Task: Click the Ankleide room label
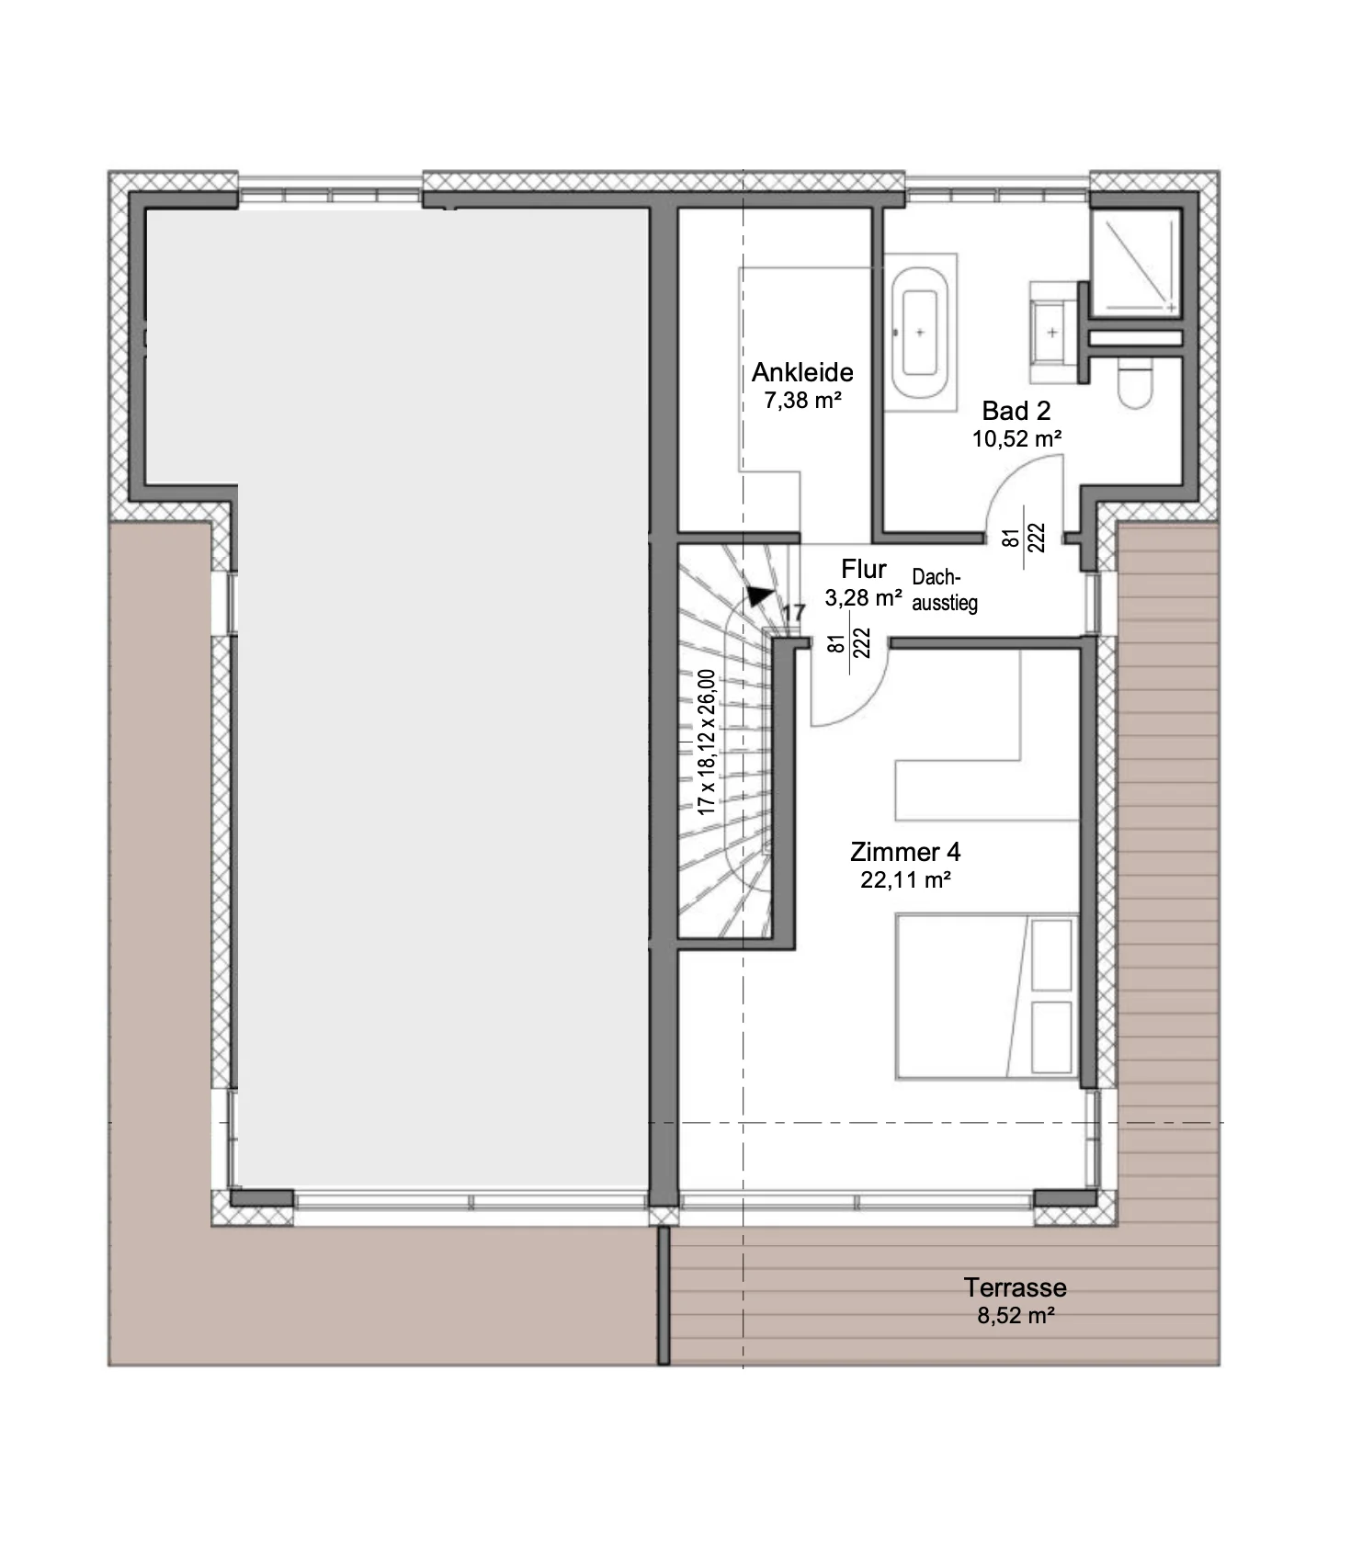[x=802, y=372]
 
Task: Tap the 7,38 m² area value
[x=802, y=400]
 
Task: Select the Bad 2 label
[x=1016, y=411]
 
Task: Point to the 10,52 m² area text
[x=1017, y=438]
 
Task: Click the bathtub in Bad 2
[x=919, y=334]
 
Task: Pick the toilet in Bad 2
[x=1136, y=383]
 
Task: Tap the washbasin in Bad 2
[x=1053, y=332]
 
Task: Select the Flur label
[x=863, y=570]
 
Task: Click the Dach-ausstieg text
[x=944, y=590]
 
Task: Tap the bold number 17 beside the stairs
[x=793, y=612]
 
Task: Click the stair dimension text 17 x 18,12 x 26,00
[x=706, y=742]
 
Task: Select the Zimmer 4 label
[x=905, y=852]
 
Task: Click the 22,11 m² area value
[x=905, y=879]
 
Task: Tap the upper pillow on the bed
[x=1052, y=955]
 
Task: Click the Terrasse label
[x=1015, y=1287]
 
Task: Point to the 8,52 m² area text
[x=1015, y=1315]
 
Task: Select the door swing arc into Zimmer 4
[x=868, y=703]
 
